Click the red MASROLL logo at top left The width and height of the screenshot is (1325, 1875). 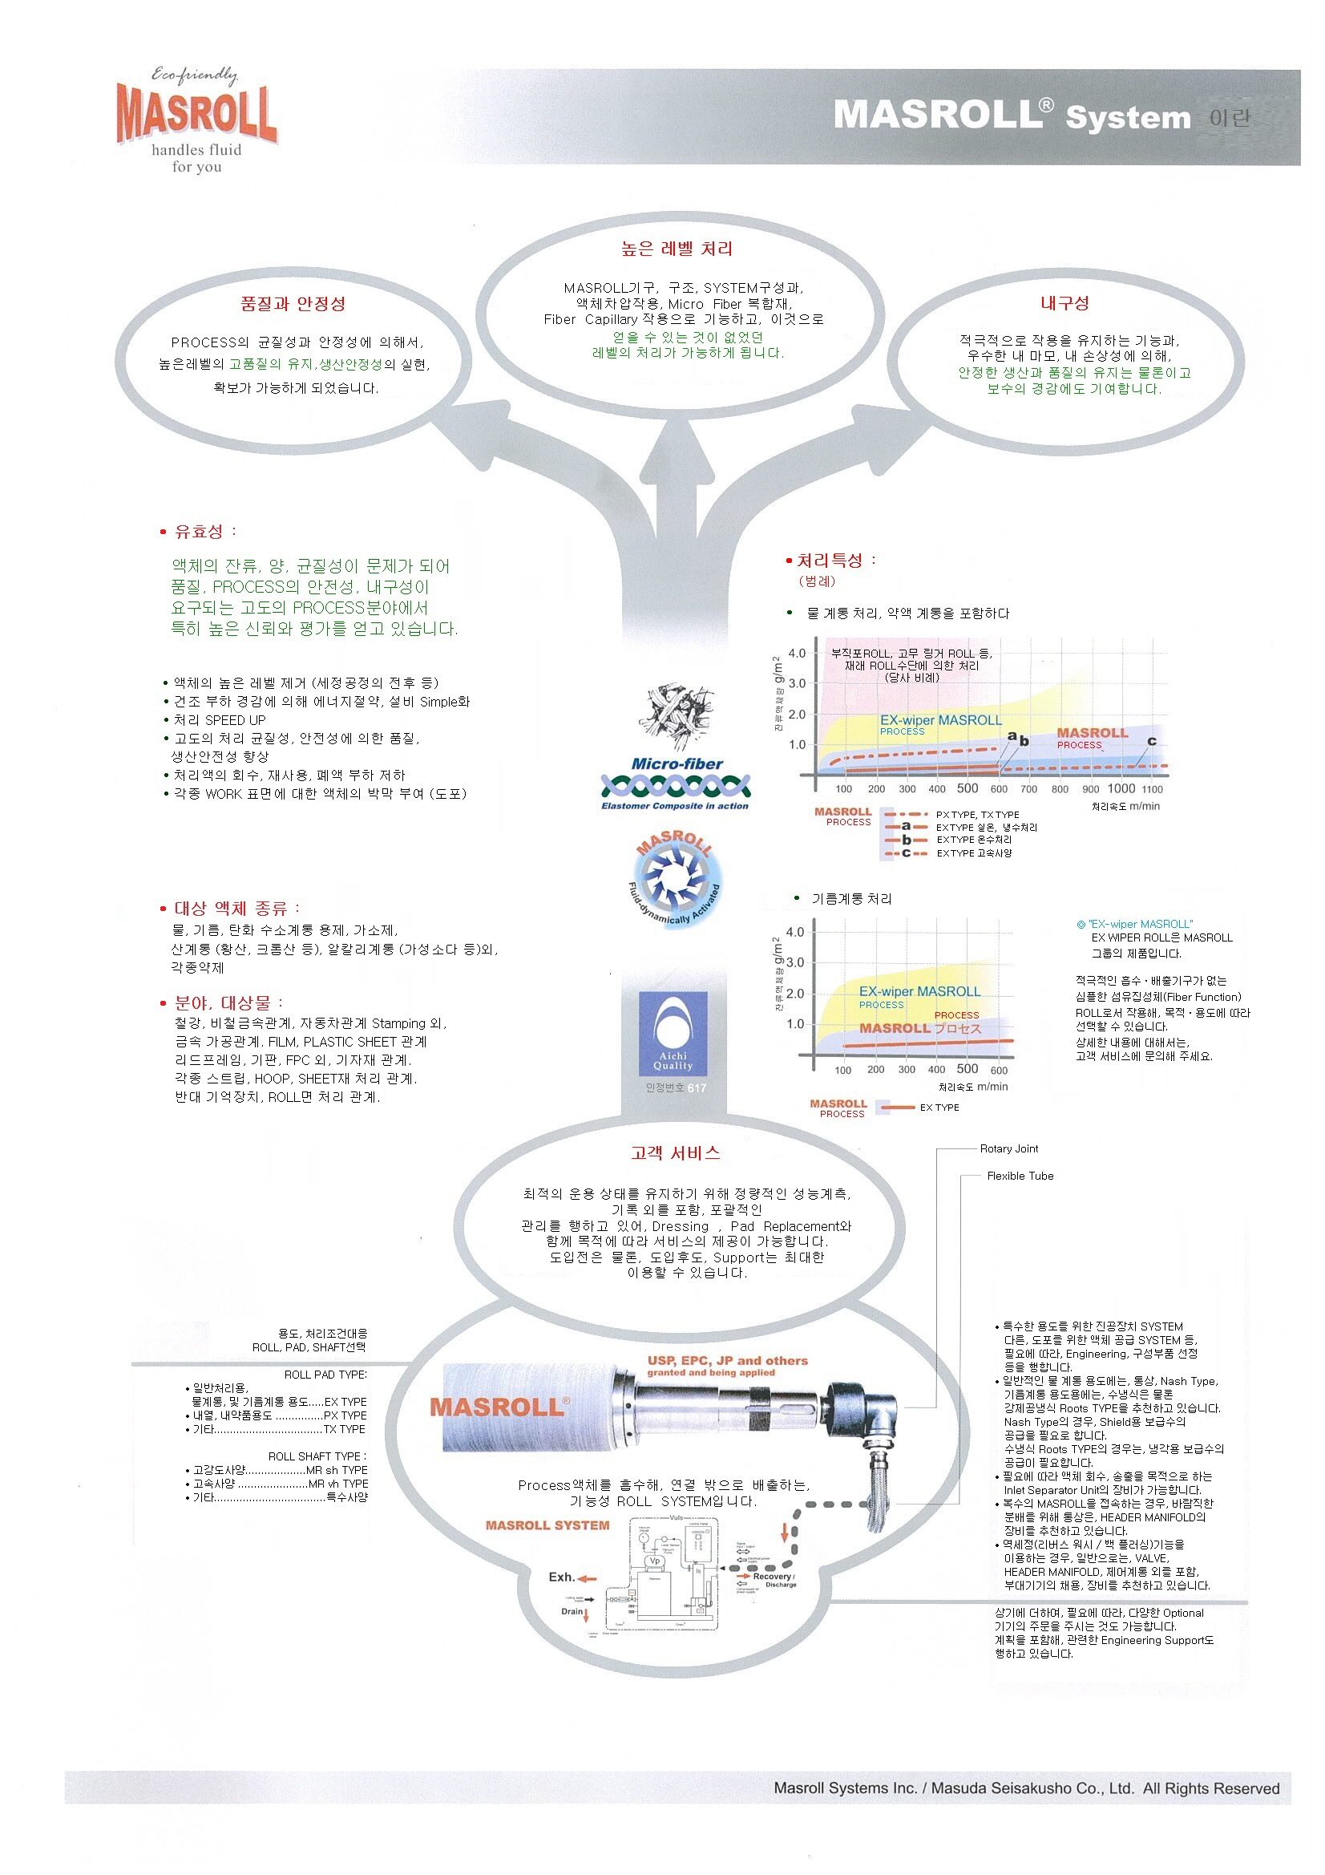click(196, 115)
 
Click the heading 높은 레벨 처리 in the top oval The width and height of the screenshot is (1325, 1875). click(676, 249)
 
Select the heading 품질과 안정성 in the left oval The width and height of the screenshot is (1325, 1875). click(293, 304)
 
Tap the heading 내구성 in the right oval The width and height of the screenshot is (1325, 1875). click(1064, 303)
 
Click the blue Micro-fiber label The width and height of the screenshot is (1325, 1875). click(677, 764)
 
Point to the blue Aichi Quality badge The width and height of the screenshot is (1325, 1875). click(673, 1033)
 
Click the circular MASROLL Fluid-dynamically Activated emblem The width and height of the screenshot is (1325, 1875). click(675, 878)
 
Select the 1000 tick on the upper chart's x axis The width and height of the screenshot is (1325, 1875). click(1120, 788)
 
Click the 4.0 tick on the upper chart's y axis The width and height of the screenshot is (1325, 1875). click(796, 654)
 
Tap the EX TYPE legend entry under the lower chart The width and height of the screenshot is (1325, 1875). click(939, 1108)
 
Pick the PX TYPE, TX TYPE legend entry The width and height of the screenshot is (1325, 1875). click(977, 814)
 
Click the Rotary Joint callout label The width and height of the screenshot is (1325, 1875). click(1008, 1149)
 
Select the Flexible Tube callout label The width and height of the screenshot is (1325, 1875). click(1020, 1176)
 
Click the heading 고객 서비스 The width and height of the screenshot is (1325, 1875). click(675, 1153)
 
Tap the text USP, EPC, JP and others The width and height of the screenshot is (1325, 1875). click(726, 1360)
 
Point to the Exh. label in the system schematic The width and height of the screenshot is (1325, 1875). click(562, 1577)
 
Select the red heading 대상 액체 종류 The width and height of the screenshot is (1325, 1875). click(236, 908)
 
